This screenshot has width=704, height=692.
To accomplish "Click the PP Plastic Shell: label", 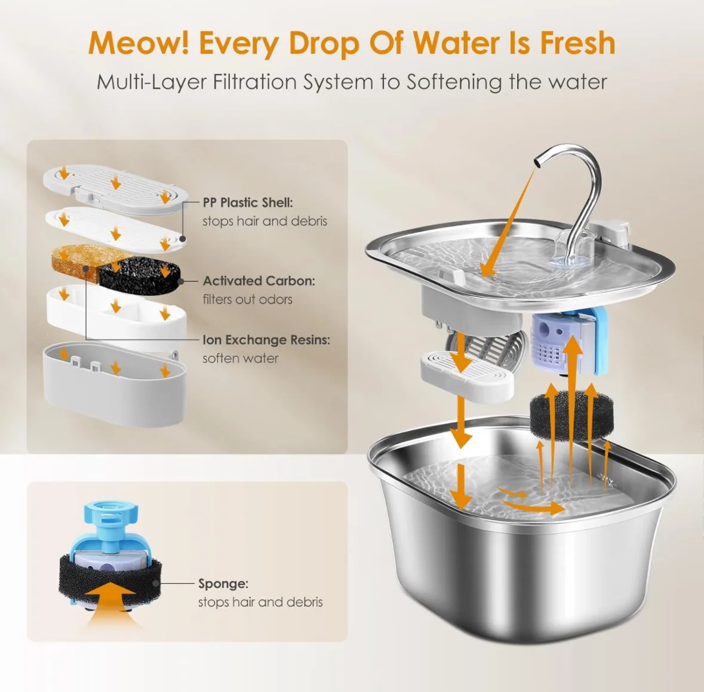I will pos(247,202).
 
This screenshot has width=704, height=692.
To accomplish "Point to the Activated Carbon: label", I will pos(259,281).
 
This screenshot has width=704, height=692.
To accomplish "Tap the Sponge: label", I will pos(223,583).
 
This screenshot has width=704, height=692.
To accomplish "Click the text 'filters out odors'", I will pos(247,299).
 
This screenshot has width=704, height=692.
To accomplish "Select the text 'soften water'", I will pos(240,358).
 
